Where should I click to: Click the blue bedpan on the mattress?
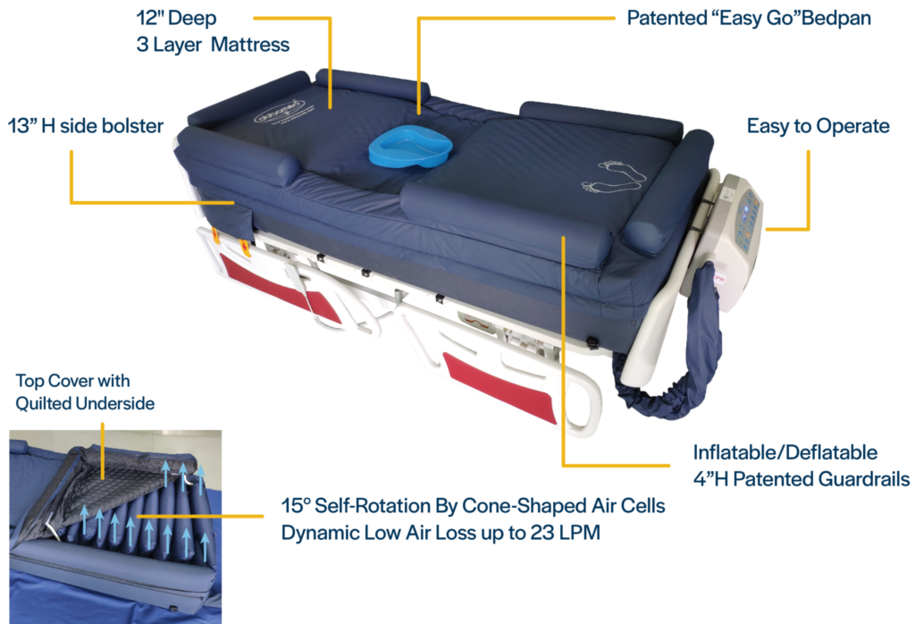pyautogui.click(x=410, y=145)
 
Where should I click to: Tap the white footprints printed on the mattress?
pyautogui.click(x=614, y=176)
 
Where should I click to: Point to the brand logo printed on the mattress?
pyautogui.click(x=280, y=112)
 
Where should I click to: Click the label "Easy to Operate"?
pyautogui.click(x=818, y=125)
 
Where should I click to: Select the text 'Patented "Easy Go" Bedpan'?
pyautogui.click(x=749, y=18)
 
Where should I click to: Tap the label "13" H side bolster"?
pyautogui.click(x=86, y=125)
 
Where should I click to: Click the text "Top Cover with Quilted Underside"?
pyautogui.click(x=85, y=392)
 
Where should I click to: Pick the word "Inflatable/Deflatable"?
pyautogui.click(x=785, y=452)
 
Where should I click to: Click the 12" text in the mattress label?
pyautogui.click(x=147, y=18)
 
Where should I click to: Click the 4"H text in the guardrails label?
pyautogui.click(x=710, y=478)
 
